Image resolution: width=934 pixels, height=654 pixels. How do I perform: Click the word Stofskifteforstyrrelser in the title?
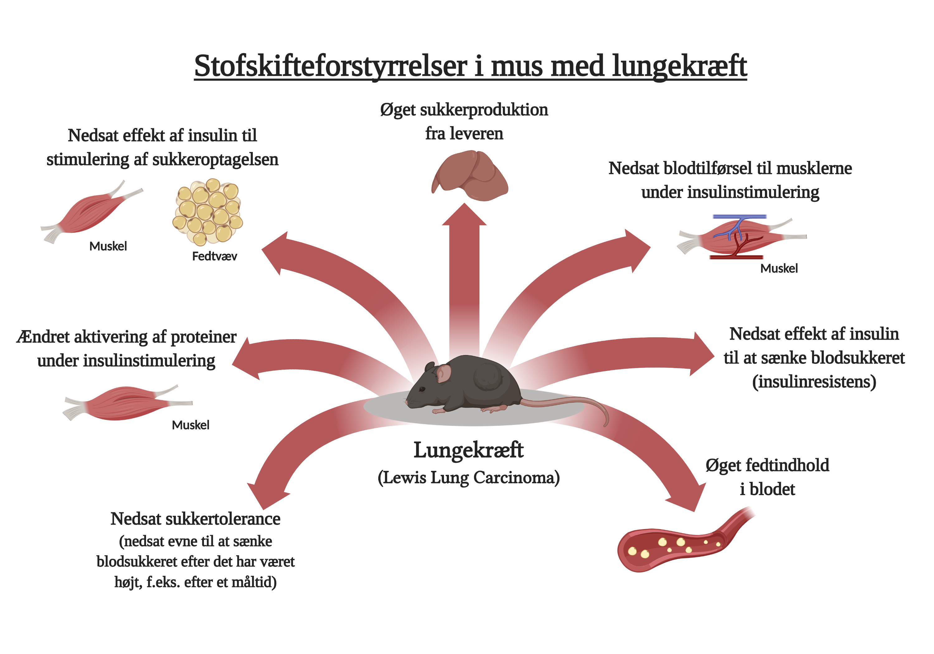click(330, 66)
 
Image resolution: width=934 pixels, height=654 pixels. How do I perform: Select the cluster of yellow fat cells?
click(207, 212)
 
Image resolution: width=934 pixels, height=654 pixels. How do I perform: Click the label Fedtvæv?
click(215, 256)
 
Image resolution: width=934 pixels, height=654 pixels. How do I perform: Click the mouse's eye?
click(422, 389)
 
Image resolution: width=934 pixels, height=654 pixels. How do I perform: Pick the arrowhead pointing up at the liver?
click(464, 215)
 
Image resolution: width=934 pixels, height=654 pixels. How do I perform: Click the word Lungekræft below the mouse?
click(469, 451)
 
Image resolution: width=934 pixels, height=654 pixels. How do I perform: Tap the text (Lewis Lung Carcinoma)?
click(469, 478)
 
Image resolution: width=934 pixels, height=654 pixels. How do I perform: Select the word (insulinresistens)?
click(814, 382)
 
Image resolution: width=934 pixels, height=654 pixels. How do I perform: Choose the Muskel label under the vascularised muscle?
click(779, 268)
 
